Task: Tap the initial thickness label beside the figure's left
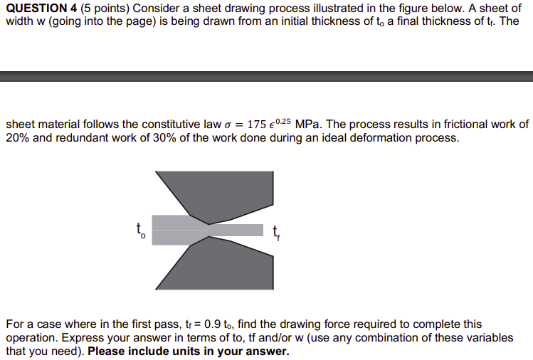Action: click(x=140, y=231)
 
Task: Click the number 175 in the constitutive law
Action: click(x=257, y=125)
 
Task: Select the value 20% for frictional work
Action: click(x=18, y=137)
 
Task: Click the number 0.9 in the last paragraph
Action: click(x=213, y=324)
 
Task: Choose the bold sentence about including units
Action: click(x=189, y=351)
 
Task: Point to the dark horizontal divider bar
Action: click(x=266, y=75)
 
